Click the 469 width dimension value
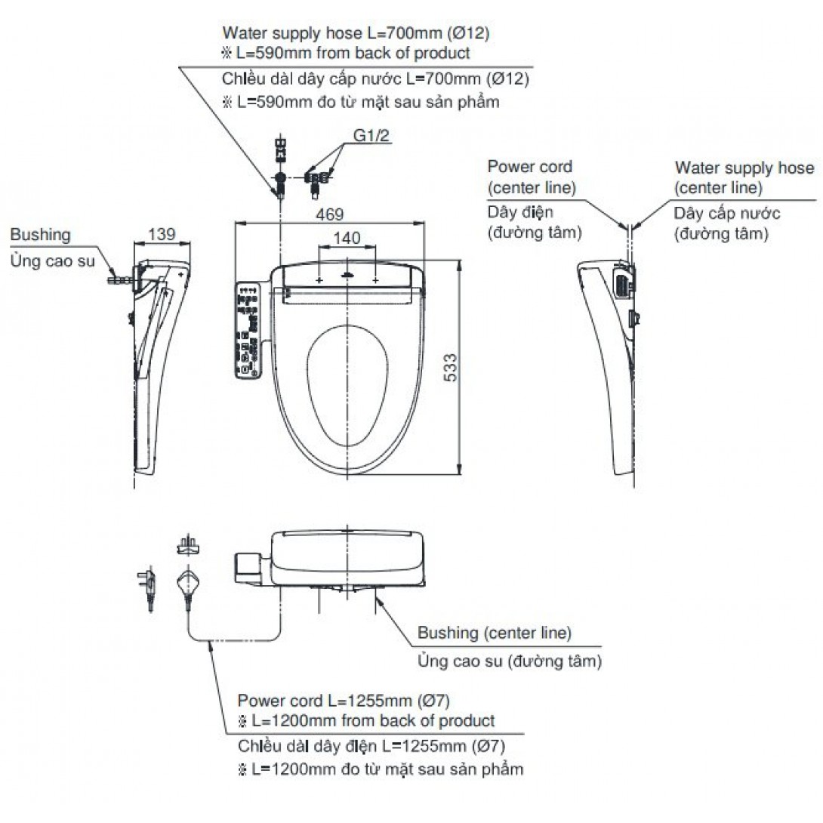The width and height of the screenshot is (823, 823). click(328, 214)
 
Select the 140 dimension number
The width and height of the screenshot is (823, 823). click(347, 238)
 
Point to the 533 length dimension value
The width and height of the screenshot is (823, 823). click(449, 368)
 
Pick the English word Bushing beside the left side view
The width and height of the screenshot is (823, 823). click(40, 235)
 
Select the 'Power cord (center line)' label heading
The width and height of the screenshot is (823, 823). click(530, 176)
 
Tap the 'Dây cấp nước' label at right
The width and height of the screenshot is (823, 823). click(727, 213)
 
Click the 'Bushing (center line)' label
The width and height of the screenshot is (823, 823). click(495, 633)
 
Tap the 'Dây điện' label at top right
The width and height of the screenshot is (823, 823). click(520, 213)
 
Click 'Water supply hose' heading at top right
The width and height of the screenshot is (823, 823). click(744, 168)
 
